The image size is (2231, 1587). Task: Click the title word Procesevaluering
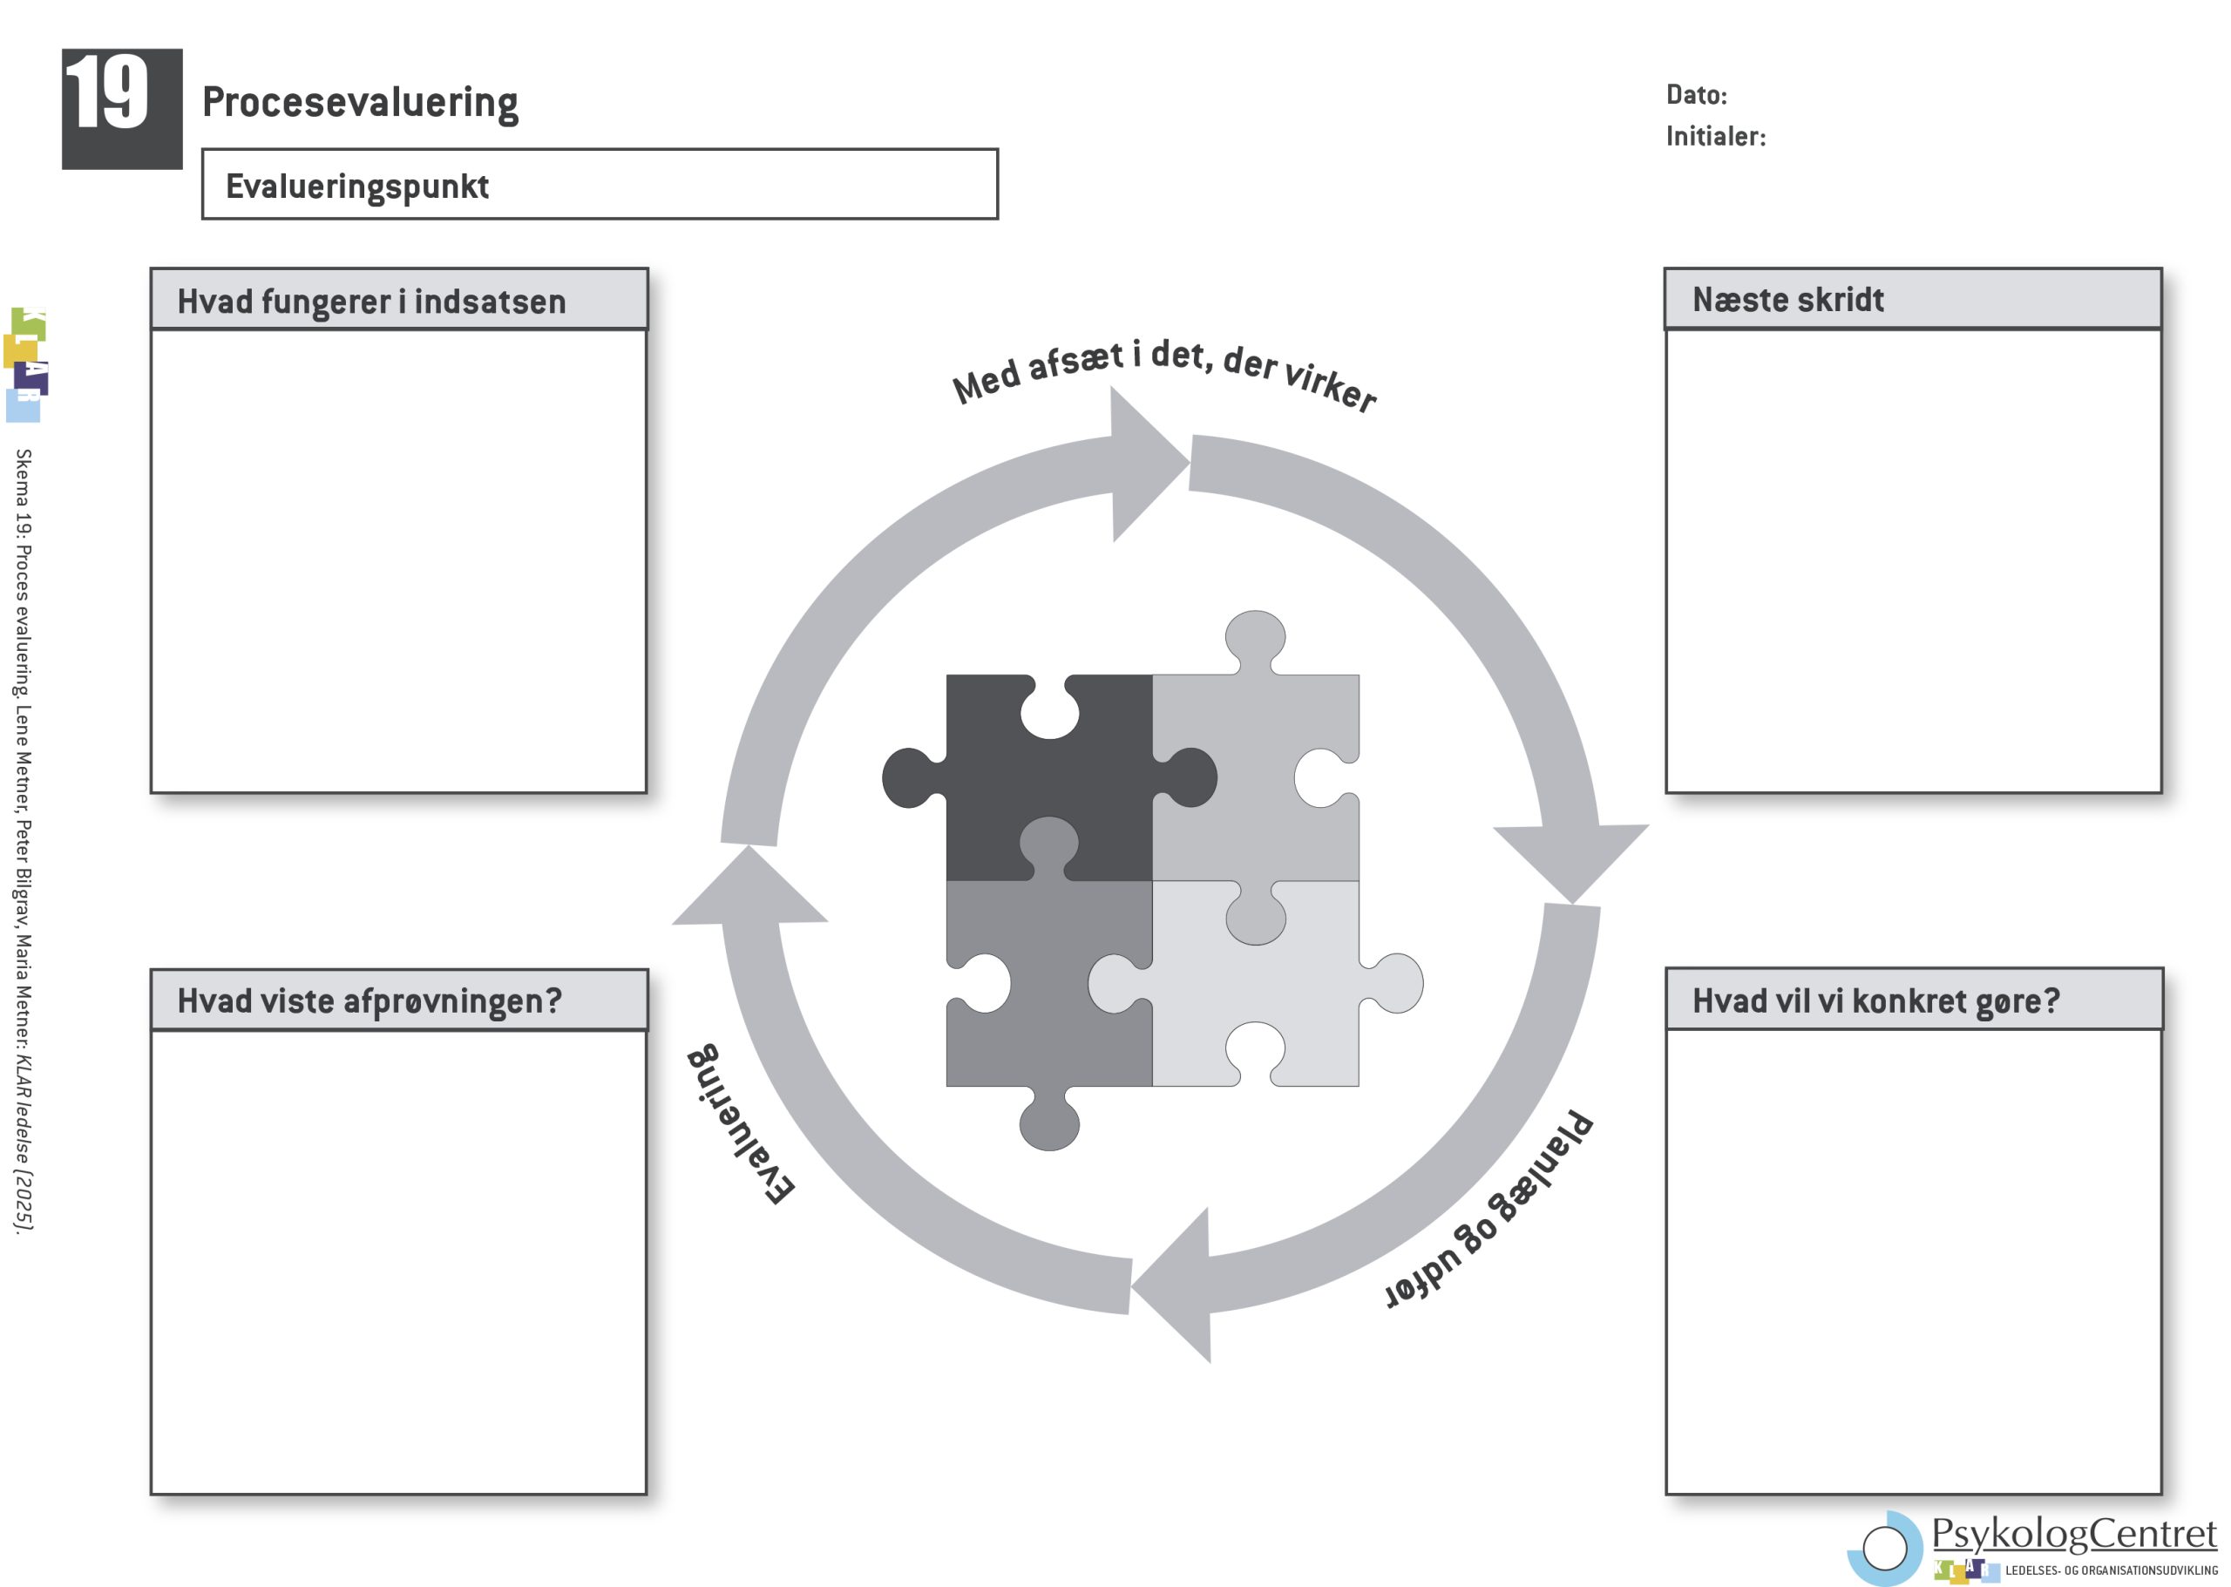click(x=360, y=102)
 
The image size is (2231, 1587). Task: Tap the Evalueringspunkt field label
click(x=356, y=186)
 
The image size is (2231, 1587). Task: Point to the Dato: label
click(x=1696, y=95)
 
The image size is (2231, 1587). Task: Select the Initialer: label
click(x=1715, y=136)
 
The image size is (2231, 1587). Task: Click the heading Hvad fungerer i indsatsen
click(x=371, y=301)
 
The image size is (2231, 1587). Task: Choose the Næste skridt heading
click(x=1787, y=299)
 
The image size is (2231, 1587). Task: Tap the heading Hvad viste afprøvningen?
click(x=370, y=1000)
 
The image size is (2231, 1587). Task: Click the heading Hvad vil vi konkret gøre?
click(x=1875, y=1000)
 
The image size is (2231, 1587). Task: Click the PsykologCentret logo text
click(x=2073, y=1534)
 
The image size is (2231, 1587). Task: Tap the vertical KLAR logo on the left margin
click(x=26, y=364)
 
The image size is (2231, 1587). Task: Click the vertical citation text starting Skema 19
click(x=23, y=840)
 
